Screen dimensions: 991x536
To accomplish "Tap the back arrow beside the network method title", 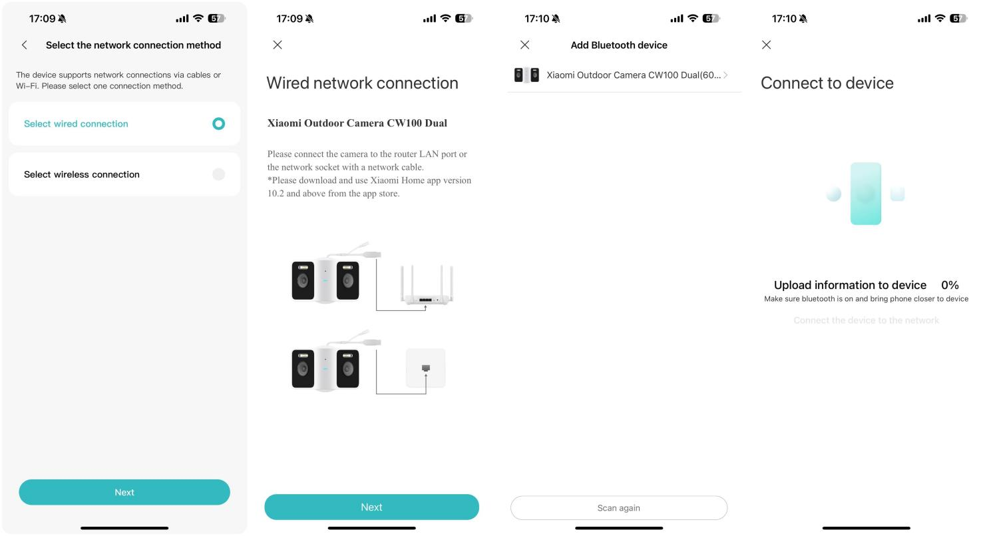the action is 25,45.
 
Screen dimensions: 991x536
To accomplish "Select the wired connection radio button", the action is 218,123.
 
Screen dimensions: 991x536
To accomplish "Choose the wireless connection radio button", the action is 218,174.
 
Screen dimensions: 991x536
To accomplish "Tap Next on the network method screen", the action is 124,492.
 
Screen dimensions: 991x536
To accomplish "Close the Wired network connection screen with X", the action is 278,45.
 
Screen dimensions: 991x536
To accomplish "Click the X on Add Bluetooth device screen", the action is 524,45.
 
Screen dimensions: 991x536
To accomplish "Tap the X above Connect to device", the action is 766,45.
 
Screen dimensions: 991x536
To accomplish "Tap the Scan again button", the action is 618,507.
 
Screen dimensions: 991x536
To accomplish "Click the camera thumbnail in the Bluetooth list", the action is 526,75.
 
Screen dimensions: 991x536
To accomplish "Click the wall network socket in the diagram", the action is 425,368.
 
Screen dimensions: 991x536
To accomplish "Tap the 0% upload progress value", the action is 950,285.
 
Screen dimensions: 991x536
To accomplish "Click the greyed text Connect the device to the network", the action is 866,320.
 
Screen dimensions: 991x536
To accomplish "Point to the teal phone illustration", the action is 865,193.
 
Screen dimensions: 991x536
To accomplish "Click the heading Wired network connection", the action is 362,83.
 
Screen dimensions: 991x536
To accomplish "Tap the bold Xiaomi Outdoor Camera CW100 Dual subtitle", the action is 357,123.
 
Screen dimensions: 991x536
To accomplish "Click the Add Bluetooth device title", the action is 619,45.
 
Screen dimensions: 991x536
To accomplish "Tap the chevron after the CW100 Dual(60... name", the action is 725,75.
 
